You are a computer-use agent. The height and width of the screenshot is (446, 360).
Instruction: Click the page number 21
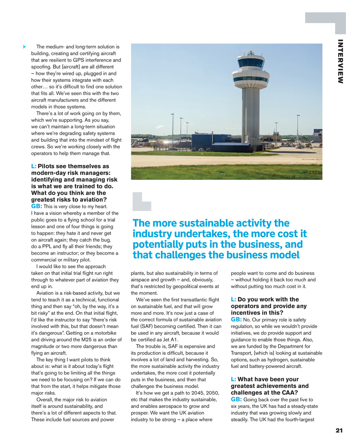point(339,431)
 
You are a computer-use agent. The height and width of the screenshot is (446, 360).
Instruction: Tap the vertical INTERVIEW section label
point(340,62)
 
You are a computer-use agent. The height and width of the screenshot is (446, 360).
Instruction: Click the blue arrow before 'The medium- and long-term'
point(24,47)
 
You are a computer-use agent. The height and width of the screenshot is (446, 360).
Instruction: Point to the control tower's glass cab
point(251,63)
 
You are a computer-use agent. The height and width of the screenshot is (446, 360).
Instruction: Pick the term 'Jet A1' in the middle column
point(170,340)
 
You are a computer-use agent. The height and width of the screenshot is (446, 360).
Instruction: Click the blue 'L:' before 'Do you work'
point(233,300)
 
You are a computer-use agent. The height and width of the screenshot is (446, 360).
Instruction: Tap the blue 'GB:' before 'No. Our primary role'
point(236,320)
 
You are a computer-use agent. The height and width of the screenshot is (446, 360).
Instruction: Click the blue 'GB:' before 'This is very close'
point(37,206)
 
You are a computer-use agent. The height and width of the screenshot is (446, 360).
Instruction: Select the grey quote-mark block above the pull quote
point(142,202)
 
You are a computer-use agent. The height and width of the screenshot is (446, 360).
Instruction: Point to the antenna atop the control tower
point(250,52)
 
